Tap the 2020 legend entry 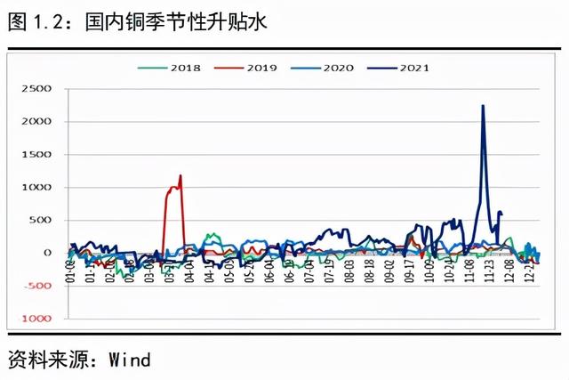pyautogui.click(x=334, y=67)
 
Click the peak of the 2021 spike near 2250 pyautogui.click(x=483, y=106)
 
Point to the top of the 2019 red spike pyautogui.click(x=180, y=175)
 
